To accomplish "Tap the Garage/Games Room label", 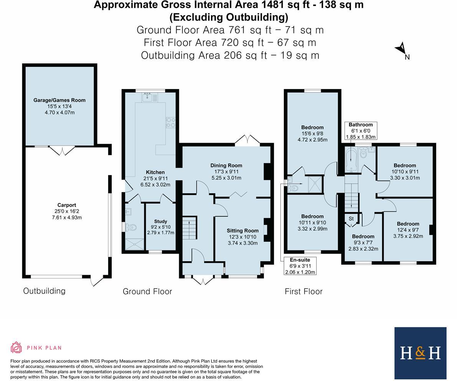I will [x=59, y=100].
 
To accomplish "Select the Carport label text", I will [x=66, y=205].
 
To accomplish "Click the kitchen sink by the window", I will [x=149, y=97].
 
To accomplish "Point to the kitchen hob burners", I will [x=170, y=122].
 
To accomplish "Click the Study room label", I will [x=160, y=221].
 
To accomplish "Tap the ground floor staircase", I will [x=189, y=228].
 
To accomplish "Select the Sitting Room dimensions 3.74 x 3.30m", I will [x=243, y=243].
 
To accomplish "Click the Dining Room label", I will [x=226, y=165].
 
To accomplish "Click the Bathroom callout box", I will [x=361, y=131].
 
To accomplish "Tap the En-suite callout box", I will [x=300, y=266].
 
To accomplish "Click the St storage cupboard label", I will [x=351, y=219].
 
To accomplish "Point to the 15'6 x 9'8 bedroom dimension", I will [x=312, y=134].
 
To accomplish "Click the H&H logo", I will [x=420, y=353].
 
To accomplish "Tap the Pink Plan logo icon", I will [x=16, y=347].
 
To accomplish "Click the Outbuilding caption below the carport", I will [x=44, y=291].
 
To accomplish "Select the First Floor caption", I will [x=303, y=292].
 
